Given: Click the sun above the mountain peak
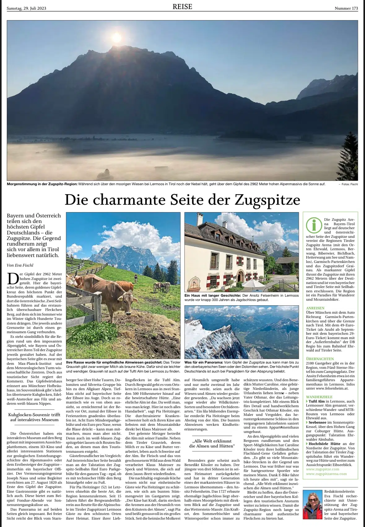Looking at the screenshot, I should [117, 37].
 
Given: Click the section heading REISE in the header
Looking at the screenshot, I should [182, 7].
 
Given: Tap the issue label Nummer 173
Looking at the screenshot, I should [346, 8].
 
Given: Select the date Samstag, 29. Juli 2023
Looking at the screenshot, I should [26, 8].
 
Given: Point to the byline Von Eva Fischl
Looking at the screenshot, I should [20, 265].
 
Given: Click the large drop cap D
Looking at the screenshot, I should [13, 278].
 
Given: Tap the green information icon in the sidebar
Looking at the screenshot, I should [313, 225].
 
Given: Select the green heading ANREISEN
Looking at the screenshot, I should [315, 308].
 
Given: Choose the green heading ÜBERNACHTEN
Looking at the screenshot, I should [320, 359].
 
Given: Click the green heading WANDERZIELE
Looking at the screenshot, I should [319, 397].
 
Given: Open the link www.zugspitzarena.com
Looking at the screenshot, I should [326, 474].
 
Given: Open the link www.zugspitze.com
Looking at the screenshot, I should [323, 469].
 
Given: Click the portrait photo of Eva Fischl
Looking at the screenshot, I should [313, 504].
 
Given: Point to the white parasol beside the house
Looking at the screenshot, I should [253, 283].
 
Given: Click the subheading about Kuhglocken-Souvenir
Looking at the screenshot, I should [34, 417].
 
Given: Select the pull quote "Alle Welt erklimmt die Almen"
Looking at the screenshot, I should [212, 443].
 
